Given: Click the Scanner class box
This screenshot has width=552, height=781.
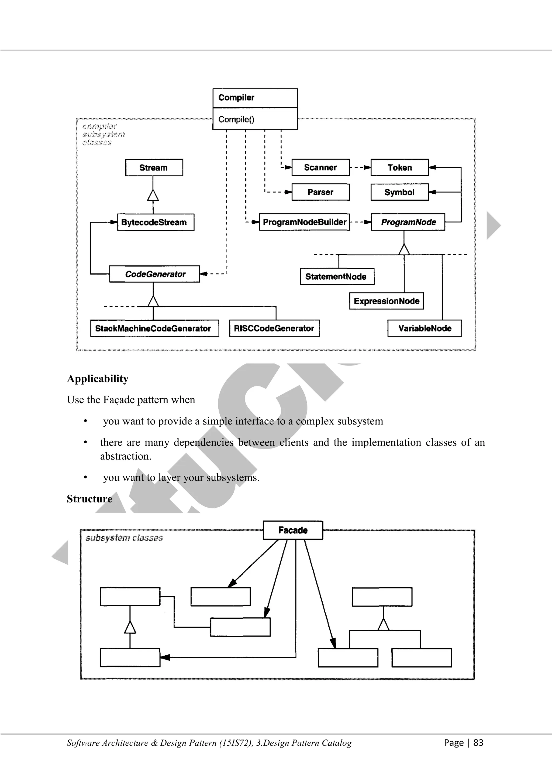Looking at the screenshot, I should [x=320, y=167].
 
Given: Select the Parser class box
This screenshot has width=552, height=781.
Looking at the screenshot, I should [x=320, y=192].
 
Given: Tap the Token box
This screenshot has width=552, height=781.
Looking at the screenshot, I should [x=399, y=167].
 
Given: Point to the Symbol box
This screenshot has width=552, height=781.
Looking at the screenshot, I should [x=399, y=192].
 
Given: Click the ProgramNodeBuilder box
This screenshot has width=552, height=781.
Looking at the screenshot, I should [x=304, y=222].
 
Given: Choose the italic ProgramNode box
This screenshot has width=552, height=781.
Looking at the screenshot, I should [x=408, y=222].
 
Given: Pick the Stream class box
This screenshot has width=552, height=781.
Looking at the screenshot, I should [x=154, y=168].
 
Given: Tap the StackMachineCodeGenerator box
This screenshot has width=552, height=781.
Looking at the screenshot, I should [x=154, y=328].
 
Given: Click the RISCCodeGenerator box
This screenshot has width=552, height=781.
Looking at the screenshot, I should [x=274, y=328].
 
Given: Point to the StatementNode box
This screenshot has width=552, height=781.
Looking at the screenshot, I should [x=337, y=276].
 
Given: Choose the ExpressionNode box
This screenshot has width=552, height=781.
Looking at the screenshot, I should [x=387, y=301].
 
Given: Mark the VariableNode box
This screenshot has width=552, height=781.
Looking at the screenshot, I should [x=425, y=328].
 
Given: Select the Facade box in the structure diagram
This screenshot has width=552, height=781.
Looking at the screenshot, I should [x=293, y=530].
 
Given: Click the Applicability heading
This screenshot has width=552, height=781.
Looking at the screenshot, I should [x=98, y=379].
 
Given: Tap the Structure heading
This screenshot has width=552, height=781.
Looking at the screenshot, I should [x=89, y=499].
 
